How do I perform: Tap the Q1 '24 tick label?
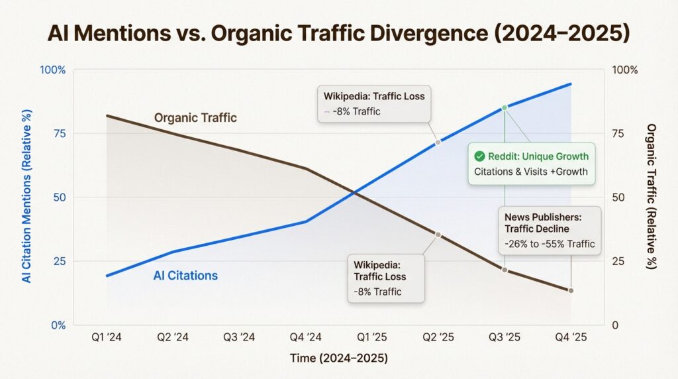point(107,337)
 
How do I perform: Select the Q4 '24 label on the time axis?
point(305,337)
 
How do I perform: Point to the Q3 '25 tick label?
point(505,337)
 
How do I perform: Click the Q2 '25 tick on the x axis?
point(438,337)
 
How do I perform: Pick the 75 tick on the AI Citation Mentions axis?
point(58,134)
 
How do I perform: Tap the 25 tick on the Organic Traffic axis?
point(617,261)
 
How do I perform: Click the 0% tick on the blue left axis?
point(56,325)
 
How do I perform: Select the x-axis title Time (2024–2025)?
point(339,358)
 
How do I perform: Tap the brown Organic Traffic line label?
point(195,118)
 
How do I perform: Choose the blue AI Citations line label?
point(185,276)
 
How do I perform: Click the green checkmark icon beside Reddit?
point(479,156)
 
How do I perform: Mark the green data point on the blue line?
point(505,107)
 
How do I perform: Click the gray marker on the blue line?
point(438,142)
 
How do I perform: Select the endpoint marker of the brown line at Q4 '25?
point(571,290)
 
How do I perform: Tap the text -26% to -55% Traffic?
point(550,244)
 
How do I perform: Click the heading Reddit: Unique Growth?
point(538,156)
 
